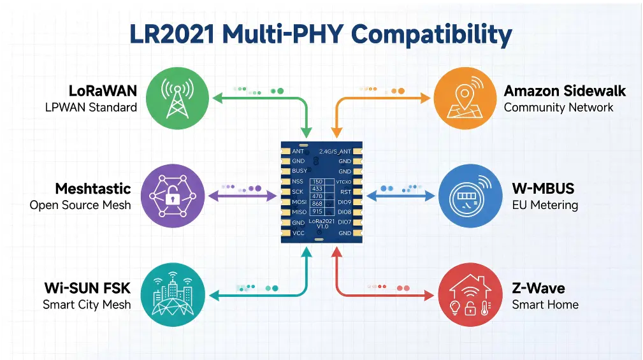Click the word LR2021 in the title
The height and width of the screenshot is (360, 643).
click(x=172, y=34)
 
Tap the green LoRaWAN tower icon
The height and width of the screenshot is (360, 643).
click(x=178, y=98)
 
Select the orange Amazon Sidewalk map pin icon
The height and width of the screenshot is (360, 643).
click(x=465, y=98)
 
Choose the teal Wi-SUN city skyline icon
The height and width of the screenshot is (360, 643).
click(x=173, y=294)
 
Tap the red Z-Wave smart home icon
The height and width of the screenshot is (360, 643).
click(x=470, y=294)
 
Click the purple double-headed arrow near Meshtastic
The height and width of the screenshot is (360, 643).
click(x=243, y=196)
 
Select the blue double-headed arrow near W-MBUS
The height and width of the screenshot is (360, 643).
click(x=401, y=196)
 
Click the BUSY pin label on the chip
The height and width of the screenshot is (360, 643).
click(x=300, y=171)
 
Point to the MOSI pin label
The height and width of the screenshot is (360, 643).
click(x=300, y=202)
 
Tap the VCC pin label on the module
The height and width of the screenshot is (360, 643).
click(x=298, y=233)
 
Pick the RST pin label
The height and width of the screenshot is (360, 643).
click(x=345, y=192)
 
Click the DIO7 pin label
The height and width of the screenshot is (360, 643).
click(x=345, y=222)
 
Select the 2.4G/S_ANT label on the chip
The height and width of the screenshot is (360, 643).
click(x=335, y=151)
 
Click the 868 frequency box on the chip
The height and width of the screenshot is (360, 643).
click(x=317, y=204)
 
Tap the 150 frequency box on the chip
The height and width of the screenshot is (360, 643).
click(x=317, y=182)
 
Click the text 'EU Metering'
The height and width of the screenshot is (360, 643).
click(x=545, y=205)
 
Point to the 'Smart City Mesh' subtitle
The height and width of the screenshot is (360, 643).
click(x=87, y=305)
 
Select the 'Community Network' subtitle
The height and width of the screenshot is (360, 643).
click(x=558, y=108)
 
